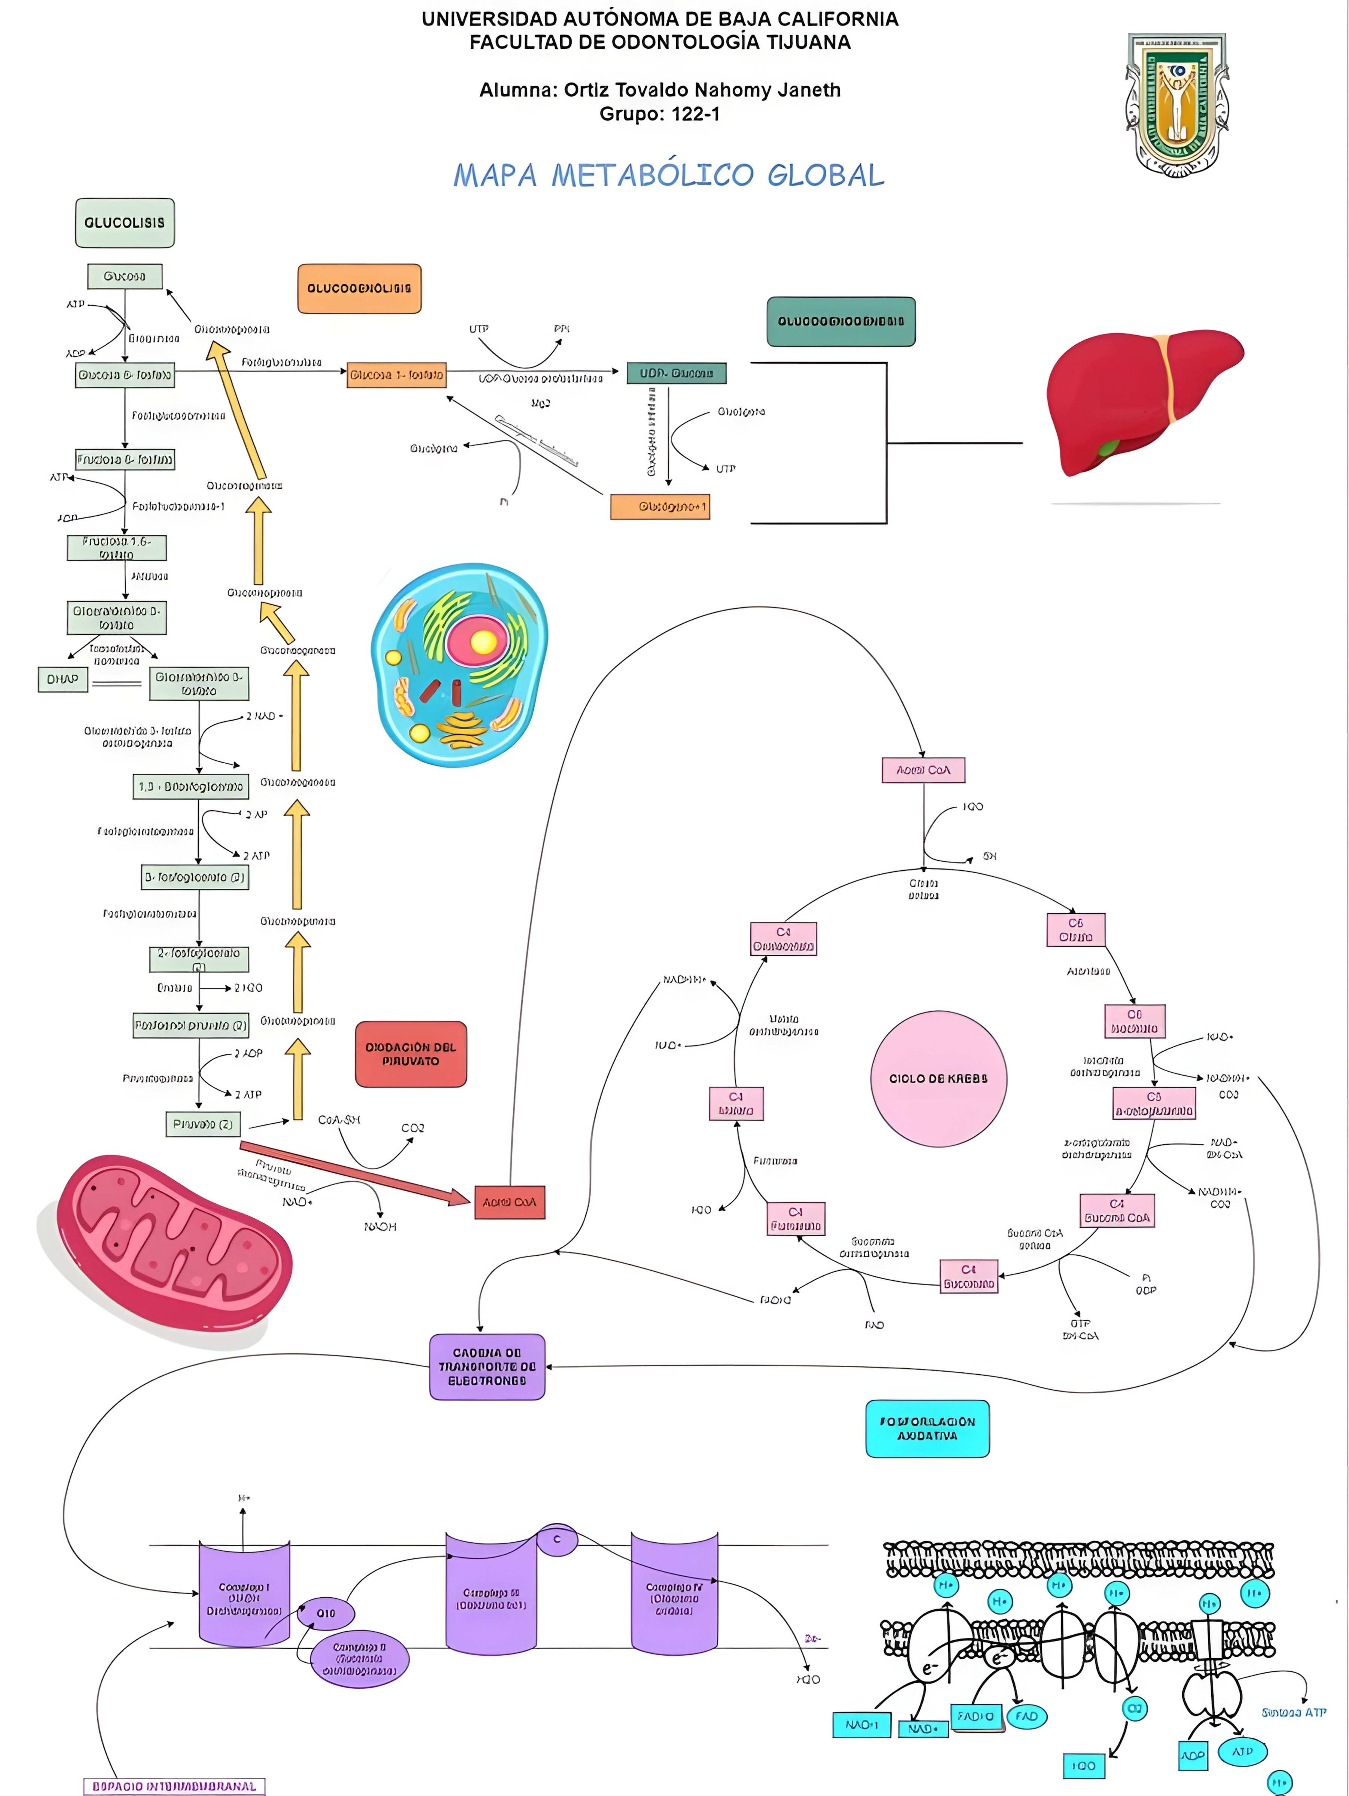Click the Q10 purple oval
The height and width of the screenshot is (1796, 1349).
pos(326,1613)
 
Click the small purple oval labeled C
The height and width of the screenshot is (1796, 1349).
pos(557,1539)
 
